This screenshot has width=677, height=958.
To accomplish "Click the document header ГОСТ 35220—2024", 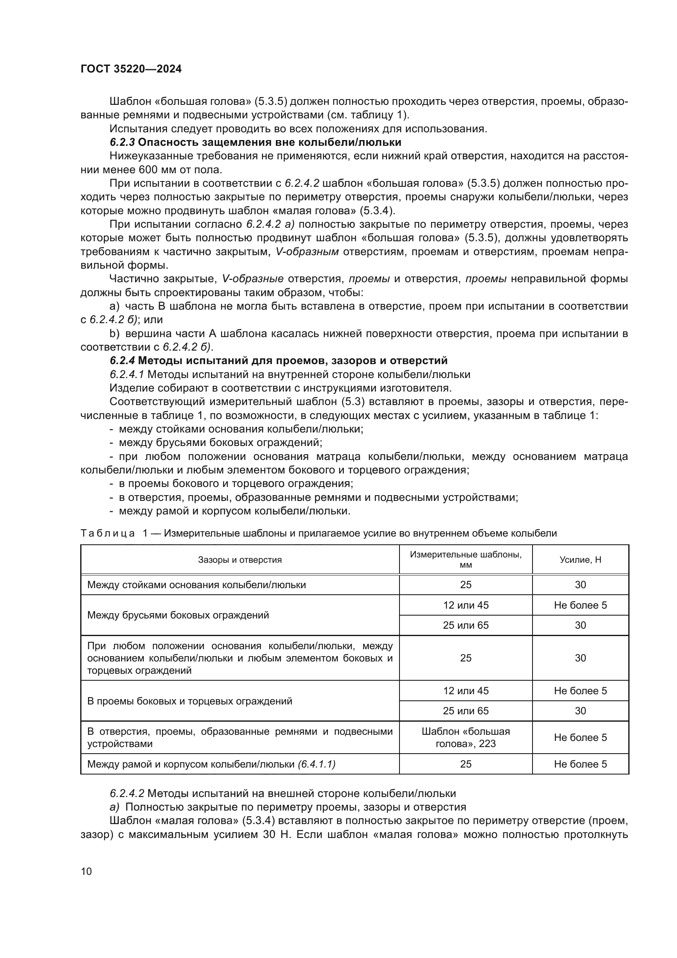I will pos(131,69).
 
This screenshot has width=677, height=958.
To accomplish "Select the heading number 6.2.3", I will pos(122,142).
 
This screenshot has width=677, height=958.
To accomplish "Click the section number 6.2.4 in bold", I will pos(122,360).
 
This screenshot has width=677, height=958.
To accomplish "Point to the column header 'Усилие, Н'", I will pos(580,559).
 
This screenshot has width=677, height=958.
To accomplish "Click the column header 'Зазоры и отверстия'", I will pos(240,559).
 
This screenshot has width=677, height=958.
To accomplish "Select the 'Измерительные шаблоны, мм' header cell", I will pos(466,559).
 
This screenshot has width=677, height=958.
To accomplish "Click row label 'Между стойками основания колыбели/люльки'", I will pos(196,584).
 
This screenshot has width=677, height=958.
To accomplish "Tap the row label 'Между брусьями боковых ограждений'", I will pos(178,615).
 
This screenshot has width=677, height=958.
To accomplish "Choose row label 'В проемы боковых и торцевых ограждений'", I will pos(189,701).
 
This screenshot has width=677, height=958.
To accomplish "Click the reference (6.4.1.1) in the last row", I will pos(316,764).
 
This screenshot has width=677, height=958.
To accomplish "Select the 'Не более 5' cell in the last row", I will pos(580,764).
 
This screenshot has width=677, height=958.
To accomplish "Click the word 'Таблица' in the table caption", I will pos(108,533).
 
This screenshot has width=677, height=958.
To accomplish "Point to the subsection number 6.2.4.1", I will pos(127,374).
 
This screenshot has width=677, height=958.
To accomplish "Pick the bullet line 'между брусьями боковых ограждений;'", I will pos(221,442).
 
